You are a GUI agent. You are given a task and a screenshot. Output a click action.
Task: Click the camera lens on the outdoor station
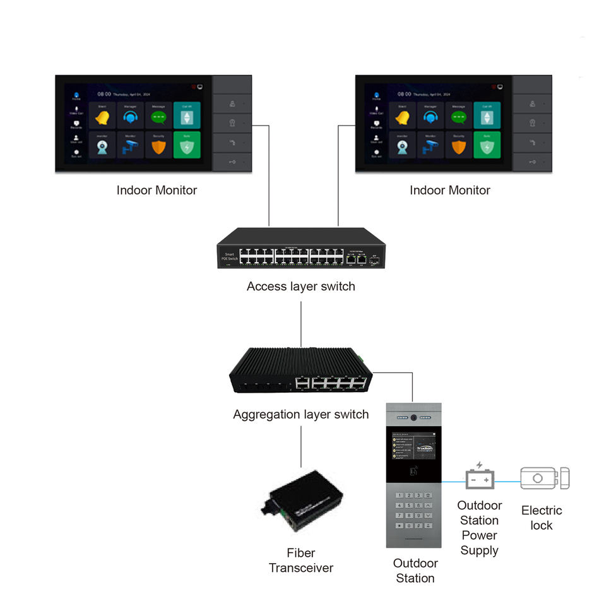[x=413, y=418]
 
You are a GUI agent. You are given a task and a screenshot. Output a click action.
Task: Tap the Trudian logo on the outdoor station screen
[x=423, y=449]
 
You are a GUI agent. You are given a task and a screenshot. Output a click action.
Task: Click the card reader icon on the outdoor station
[x=414, y=470]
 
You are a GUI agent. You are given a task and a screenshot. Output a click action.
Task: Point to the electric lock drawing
[x=544, y=478]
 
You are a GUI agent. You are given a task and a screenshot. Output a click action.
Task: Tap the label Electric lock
[x=541, y=518]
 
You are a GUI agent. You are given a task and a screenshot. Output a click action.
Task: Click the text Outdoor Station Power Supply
[x=479, y=528]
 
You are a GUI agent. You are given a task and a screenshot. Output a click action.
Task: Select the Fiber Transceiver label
[x=300, y=561]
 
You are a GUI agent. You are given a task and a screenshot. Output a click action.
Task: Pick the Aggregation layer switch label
[x=300, y=415]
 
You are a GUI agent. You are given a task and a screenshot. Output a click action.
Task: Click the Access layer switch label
[x=300, y=286]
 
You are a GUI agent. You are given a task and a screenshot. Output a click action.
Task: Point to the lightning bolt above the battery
[x=480, y=465]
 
